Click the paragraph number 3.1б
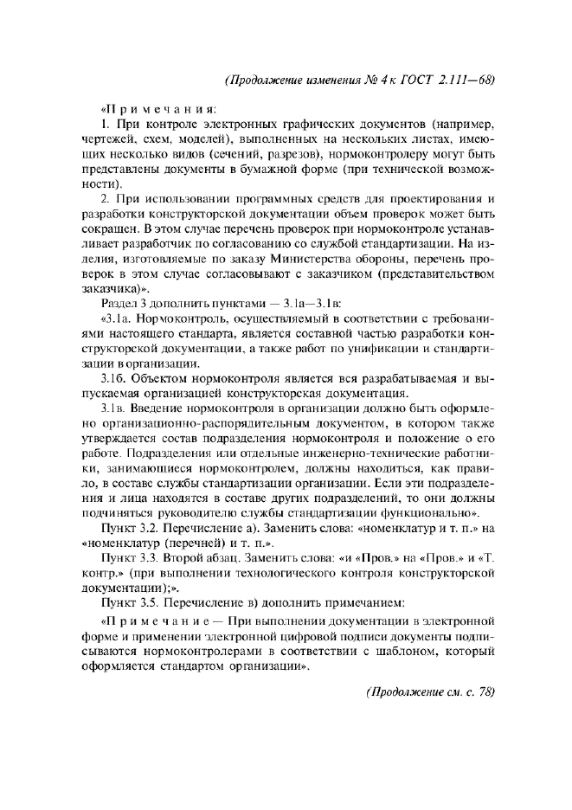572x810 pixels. click(x=115, y=378)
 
